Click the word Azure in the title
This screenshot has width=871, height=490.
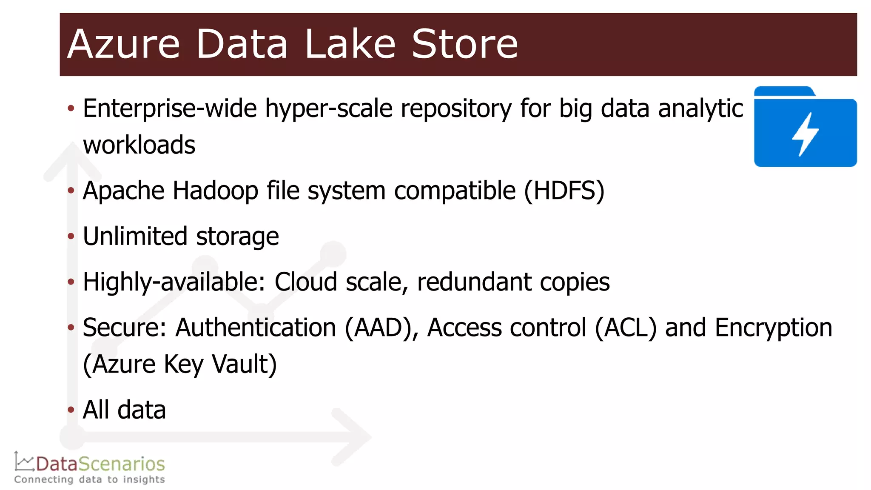click(x=123, y=44)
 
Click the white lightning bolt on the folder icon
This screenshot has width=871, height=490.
click(x=805, y=134)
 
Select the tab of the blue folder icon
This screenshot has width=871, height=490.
click(x=783, y=91)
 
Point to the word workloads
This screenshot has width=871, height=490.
click(x=139, y=145)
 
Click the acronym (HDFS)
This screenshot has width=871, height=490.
click(x=564, y=191)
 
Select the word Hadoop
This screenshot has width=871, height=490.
click(x=215, y=191)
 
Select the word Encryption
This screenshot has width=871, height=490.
click(x=773, y=328)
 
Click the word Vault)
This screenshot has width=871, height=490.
click(x=244, y=364)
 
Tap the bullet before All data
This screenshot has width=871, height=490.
click(x=71, y=410)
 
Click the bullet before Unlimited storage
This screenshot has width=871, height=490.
click(x=71, y=236)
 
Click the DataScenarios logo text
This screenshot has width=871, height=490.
click(x=100, y=464)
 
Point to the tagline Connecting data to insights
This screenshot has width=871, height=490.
click(x=89, y=480)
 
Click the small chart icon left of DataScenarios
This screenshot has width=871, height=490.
click(x=24, y=462)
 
